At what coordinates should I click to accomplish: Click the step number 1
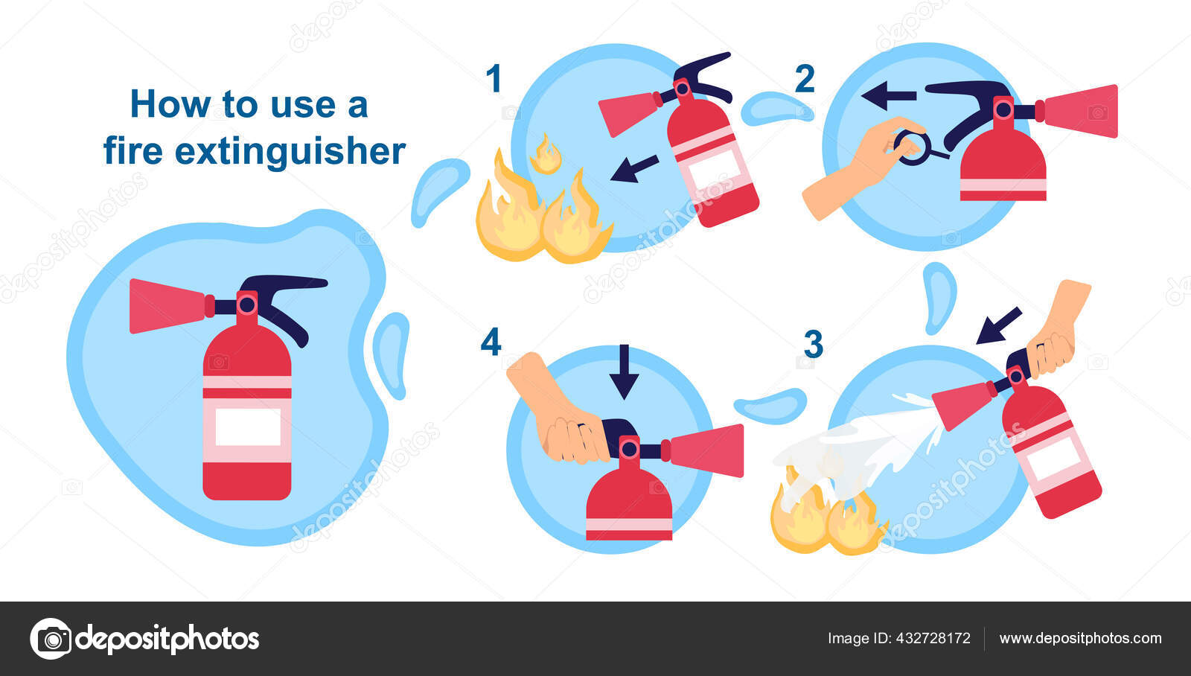click(x=494, y=79)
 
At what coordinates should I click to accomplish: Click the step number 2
click(x=805, y=79)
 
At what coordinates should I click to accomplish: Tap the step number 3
click(x=814, y=344)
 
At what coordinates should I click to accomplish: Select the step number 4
click(x=491, y=342)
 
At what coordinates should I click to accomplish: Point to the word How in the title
click(x=170, y=103)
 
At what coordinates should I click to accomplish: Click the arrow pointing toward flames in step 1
click(x=634, y=168)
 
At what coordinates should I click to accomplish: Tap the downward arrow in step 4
click(x=624, y=371)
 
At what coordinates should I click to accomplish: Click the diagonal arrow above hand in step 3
click(x=999, y=325)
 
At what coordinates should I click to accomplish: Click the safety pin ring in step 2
click(x=911, y=147)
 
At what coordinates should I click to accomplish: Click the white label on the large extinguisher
click(x=248, y=427)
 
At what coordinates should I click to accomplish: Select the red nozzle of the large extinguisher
click(x=167, y=305)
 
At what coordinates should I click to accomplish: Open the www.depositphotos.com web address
click(x=1080, y=638)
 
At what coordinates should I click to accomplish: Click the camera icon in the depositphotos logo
click(x=51, y=639)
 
